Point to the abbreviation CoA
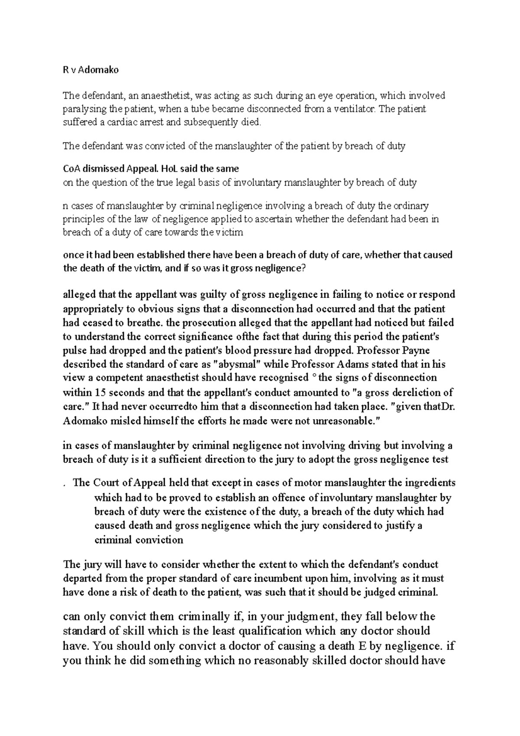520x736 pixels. pyautogui.click(x=72, y=169)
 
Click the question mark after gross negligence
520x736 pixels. pyautogui.click(x=303, y=268)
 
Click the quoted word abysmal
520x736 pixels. pyautogui.click(x=235, y=365)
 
